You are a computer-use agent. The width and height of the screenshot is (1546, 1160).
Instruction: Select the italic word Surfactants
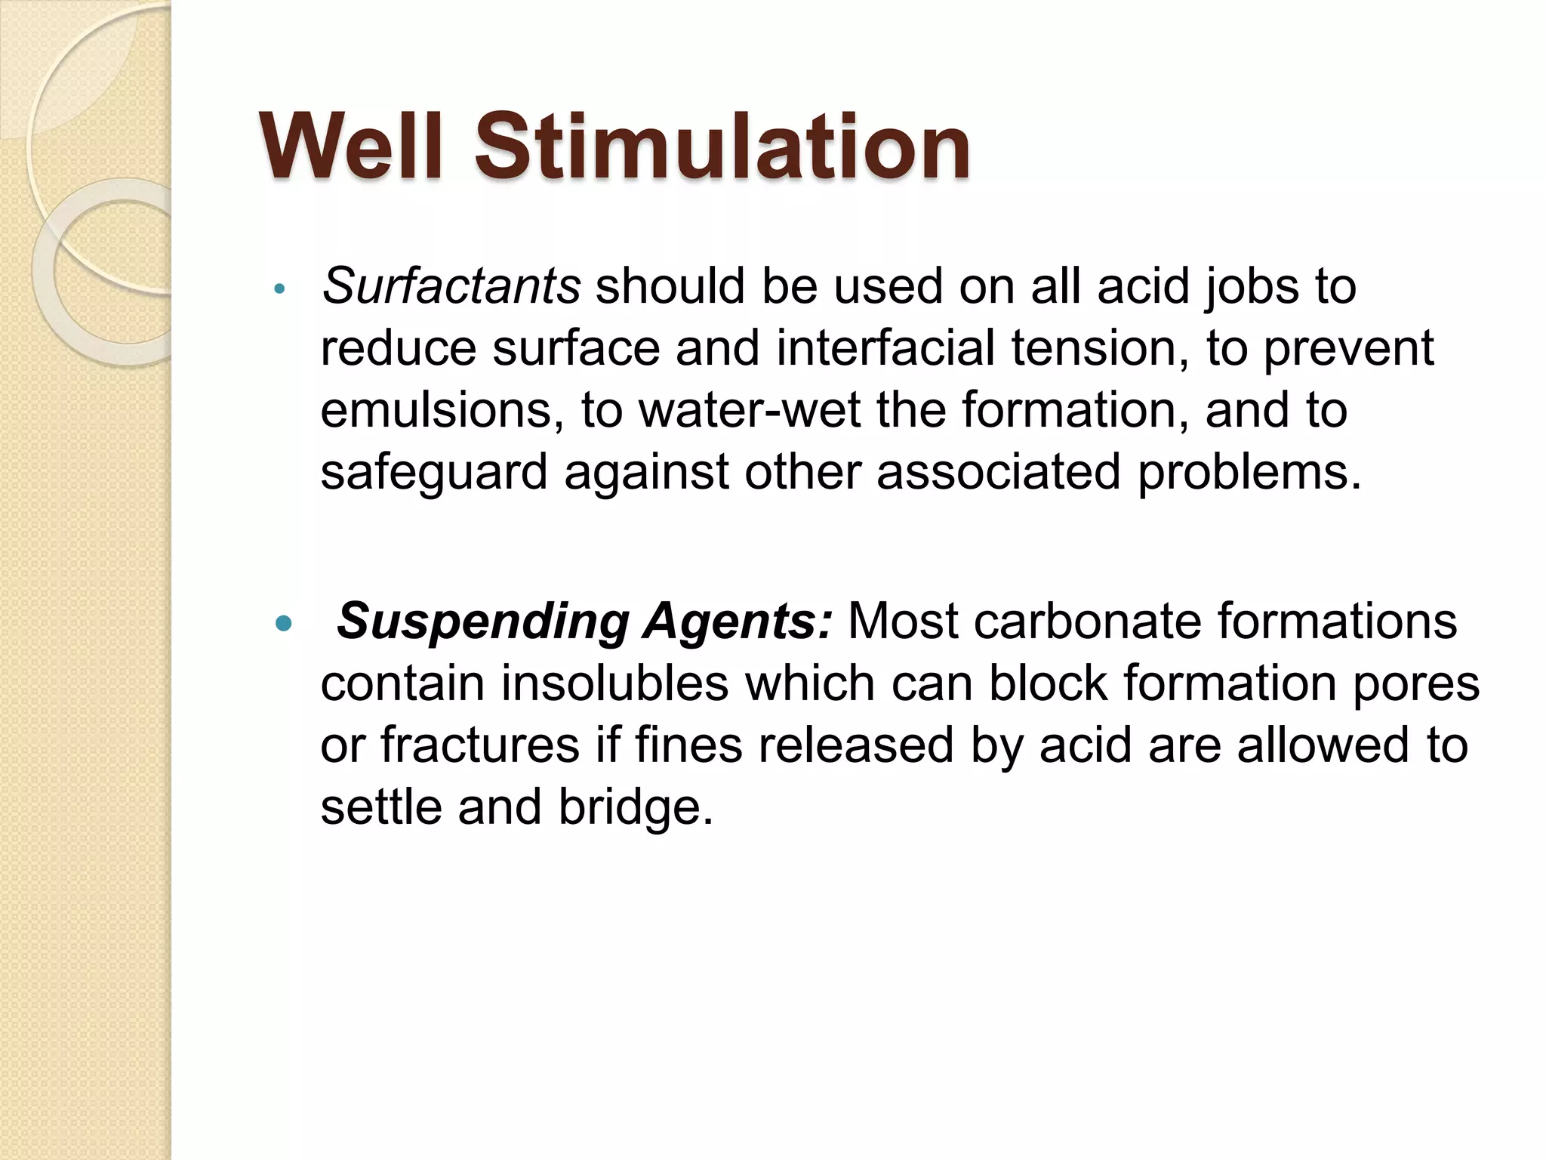point(451,286)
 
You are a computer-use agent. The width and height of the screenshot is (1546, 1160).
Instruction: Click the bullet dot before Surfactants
point(279,288)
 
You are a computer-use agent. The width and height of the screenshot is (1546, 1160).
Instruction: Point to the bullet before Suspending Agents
point(283,624)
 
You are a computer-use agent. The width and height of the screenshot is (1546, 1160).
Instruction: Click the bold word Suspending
point(483,622)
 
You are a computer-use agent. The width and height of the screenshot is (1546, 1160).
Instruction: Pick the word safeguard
point(433,472)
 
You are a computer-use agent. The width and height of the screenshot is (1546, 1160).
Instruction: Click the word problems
point(1249,472)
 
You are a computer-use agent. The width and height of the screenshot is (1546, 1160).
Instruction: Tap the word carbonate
point(1086,622)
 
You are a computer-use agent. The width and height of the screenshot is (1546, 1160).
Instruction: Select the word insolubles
point(614,684)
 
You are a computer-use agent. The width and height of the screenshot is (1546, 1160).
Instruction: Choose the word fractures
point(480,745)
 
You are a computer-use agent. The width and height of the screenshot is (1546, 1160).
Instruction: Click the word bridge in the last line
point(636,807)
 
